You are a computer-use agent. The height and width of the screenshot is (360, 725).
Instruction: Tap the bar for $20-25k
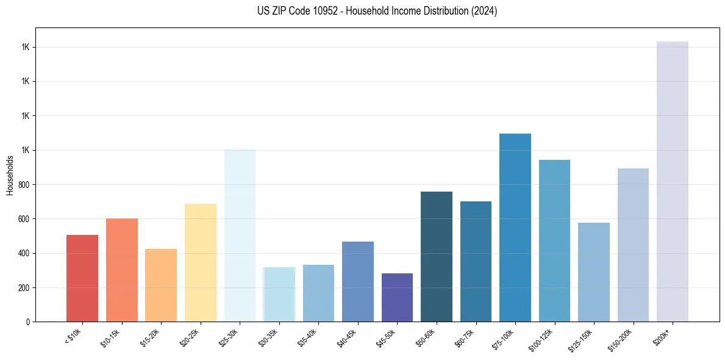point(200,262)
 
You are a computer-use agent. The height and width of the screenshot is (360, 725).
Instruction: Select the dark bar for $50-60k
point(437,256)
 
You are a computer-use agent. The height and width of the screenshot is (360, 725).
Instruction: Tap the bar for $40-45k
point(358,281)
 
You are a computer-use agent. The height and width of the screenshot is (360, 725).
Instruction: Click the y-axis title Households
point(10,175)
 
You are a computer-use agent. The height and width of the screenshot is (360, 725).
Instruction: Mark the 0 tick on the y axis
point(29,322)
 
